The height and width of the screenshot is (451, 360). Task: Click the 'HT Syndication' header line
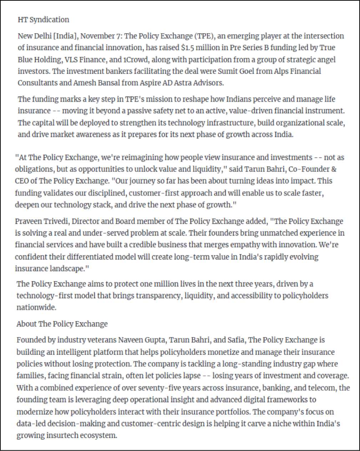point(43,20)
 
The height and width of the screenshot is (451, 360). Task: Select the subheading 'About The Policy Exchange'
point(62,324)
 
